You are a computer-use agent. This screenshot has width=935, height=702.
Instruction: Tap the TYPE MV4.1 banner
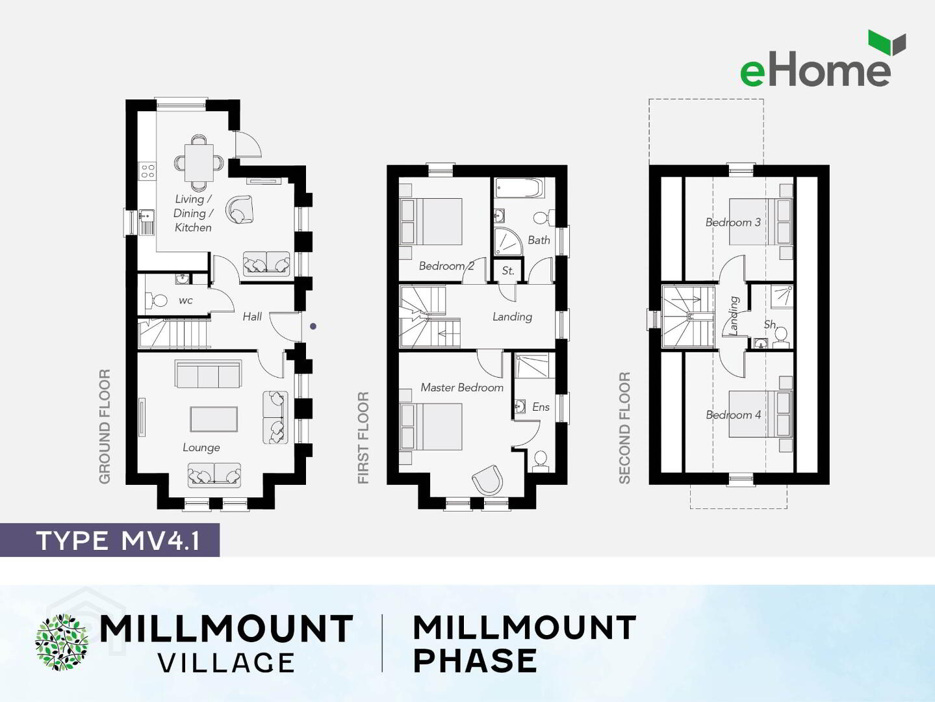[x=110, y=540]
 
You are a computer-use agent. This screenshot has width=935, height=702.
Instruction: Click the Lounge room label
[x=201, y=447]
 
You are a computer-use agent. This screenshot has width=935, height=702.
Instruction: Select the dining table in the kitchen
[x=199, y=162]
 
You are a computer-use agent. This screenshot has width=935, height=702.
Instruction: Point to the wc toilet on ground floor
[x=156, y=300]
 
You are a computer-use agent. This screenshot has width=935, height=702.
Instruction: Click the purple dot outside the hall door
[x=313, y=326]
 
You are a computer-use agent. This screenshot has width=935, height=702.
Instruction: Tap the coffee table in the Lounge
[x=214, y=419]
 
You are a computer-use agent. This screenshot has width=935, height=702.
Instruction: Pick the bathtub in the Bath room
[x=519, y=188]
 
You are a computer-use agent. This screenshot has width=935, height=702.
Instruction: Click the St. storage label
[x=507, y=270]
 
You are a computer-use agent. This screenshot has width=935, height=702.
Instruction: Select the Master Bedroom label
[x=462, y=387]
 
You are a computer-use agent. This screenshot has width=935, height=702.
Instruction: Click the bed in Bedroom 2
[x=431, y=222]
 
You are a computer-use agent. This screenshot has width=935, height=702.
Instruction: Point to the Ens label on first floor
[x=541, y=407]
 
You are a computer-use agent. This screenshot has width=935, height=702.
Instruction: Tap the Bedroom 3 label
[x=733, y=222]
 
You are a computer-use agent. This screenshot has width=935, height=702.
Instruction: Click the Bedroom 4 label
[x=733, y=415]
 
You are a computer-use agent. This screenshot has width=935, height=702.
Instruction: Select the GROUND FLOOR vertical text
[x=105, y=426]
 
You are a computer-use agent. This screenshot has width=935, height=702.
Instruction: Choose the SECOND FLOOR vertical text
[x=624, y=428]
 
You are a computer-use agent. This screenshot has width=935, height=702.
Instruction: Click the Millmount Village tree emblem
[x=62, y=642]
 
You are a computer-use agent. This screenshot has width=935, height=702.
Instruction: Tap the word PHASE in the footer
[x=475, y=660]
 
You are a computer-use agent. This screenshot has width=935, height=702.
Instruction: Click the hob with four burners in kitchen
[x=147, y=171]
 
